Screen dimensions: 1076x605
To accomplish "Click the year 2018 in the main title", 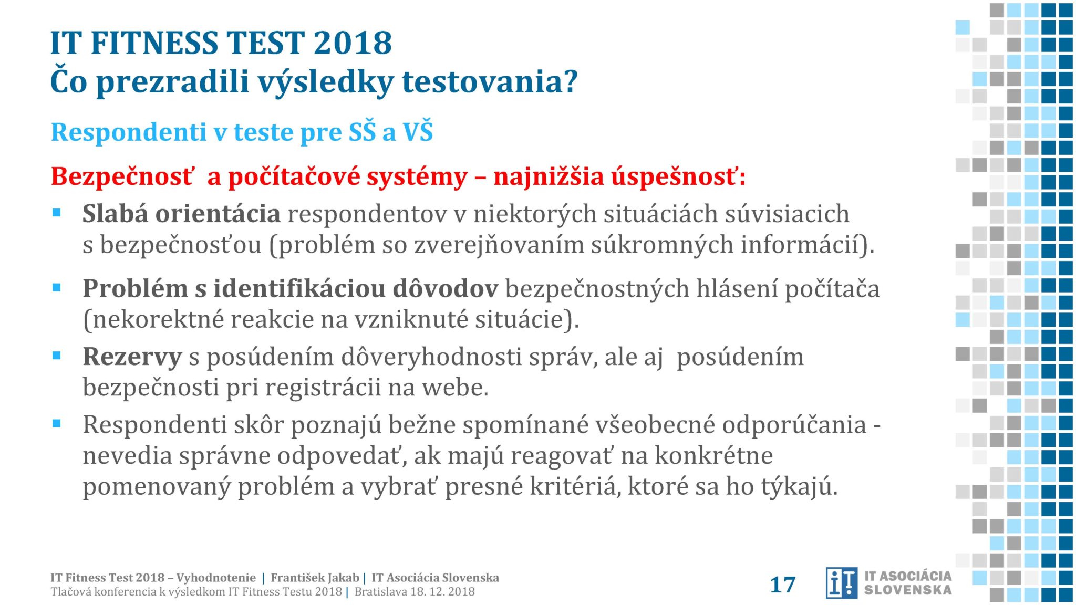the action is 353,43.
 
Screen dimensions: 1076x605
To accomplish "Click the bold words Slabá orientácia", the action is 181,214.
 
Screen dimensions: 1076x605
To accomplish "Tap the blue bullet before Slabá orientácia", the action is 57,213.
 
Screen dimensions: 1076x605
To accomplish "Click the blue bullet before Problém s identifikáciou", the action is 57,287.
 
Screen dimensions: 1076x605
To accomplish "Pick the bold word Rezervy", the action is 132,357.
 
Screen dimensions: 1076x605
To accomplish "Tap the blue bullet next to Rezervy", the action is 57,356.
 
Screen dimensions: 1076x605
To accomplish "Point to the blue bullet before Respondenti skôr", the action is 57,423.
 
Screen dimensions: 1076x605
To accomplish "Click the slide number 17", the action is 782,585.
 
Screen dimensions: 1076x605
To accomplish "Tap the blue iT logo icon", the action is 841,583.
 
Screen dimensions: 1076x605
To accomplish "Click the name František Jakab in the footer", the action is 315,578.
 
